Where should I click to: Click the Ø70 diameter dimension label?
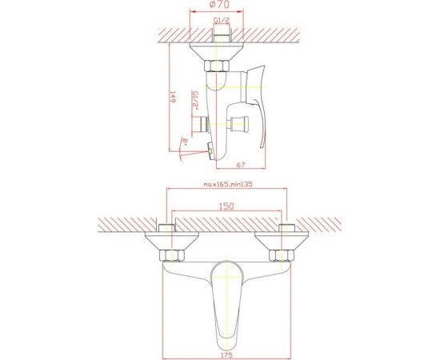click(x=219, y=5)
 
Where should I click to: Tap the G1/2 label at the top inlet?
click(x=222, y=20)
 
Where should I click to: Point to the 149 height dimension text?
click(x=173, y=97)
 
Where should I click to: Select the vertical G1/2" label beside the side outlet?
click(x=195, y=101)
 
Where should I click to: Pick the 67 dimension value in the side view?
click(x=241, y=165)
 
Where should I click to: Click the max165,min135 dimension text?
click(x=228, y=184)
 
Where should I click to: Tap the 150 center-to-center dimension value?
click(x=226, y=206)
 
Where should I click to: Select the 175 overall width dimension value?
click(x=226, y=355)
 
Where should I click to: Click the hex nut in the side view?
click(x=216, y=66)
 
